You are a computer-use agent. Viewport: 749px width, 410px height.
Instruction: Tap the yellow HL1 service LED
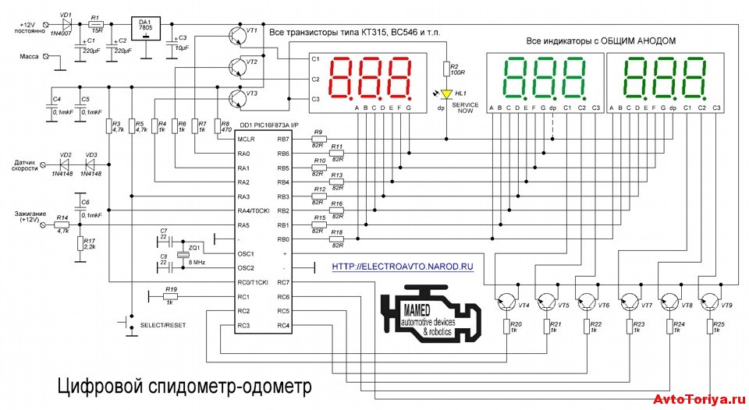coord(447,94)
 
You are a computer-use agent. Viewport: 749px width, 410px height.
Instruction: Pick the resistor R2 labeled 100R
coord(447,69)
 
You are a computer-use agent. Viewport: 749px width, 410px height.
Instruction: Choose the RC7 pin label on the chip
coord(282,282)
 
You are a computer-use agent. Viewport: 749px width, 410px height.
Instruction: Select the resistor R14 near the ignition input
coord(64,224)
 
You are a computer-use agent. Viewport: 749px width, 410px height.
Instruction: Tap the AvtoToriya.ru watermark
coord(698,399)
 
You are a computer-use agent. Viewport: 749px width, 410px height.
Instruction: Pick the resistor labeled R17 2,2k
coord(80,244)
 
